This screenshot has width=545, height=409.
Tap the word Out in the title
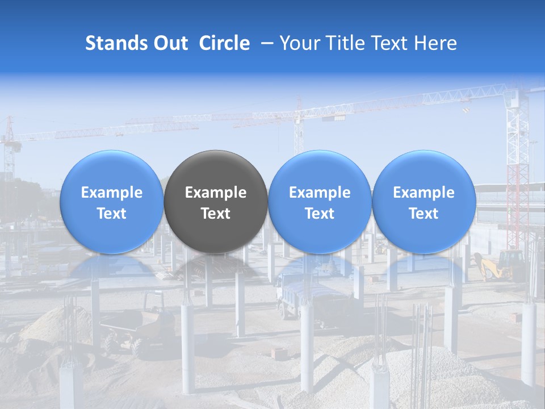click(170, 43)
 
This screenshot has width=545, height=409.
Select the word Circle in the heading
click(224, 43)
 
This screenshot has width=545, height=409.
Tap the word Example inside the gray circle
click(216, 193)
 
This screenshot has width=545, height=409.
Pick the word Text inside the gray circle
click(216, 214)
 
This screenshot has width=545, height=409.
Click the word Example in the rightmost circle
click(424, 193)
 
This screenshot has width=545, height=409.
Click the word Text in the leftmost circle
click(111, 214)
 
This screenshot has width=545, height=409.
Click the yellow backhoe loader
click(500, 265)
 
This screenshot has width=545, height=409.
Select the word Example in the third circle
click(320, 193)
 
